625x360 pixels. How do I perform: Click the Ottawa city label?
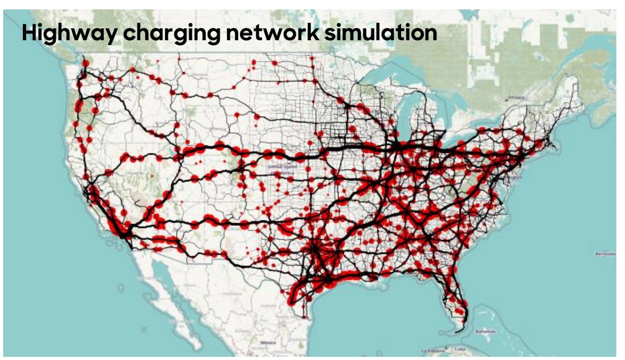(517, 97)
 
